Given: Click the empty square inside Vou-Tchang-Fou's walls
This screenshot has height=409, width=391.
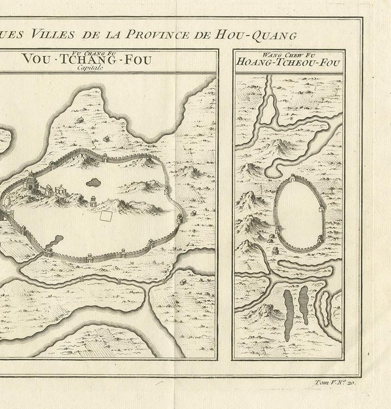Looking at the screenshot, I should click(106, 216).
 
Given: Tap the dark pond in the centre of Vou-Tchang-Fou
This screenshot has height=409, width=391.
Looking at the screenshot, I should click(93, 182).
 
